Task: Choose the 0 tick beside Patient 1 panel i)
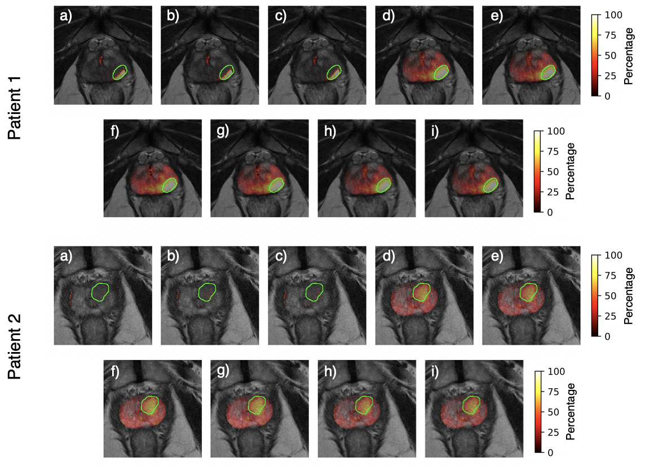click(552, 212)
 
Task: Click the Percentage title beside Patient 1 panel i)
click(571, 171)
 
